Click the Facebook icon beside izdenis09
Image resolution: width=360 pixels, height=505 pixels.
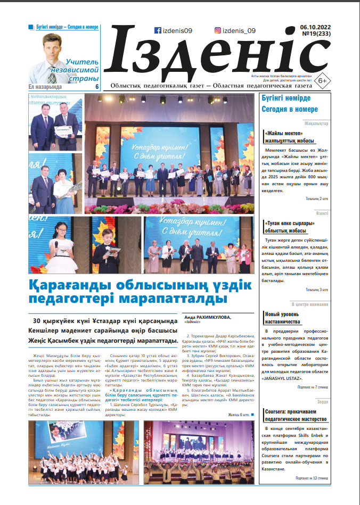tap(158, 30)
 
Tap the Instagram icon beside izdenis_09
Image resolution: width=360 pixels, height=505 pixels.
tap(217, 30)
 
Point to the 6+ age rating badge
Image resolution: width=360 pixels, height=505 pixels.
tap(322, 80)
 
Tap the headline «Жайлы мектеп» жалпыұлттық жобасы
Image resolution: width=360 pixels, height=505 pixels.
tap(291, 137)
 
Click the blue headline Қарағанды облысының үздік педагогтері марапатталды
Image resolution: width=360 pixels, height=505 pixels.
tap(140, 291)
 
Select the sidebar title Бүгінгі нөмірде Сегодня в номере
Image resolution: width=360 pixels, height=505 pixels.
tap(290, 104)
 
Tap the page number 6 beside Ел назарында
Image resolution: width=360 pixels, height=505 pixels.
tap(97, 87)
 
